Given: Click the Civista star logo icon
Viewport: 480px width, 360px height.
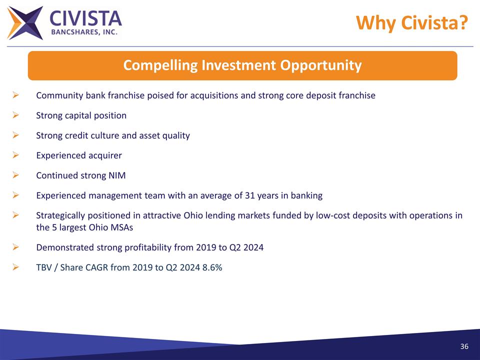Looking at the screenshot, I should tap(25, 23).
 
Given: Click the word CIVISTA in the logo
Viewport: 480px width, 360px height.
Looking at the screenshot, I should tap(85, 19).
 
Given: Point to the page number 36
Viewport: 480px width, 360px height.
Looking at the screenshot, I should tap(464, 347).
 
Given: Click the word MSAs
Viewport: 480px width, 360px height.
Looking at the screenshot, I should tap(122, 227).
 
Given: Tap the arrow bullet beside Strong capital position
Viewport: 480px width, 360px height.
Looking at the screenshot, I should tap(15, 115).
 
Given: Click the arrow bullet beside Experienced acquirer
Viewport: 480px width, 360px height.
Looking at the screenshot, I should tap(15, 155).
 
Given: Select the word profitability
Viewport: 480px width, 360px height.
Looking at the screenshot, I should tap(149, 247).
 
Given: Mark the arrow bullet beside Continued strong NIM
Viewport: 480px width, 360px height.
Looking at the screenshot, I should tap(15, 175).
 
